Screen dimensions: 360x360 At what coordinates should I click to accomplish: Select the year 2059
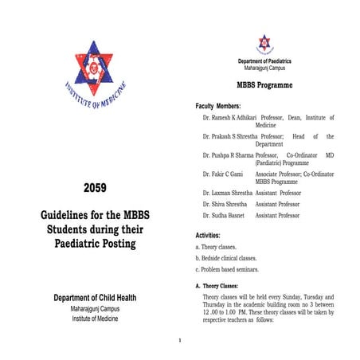pyautogui.click(x=95, y=189)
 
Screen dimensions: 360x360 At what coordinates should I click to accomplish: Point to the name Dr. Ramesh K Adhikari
pyautogui.click(x=229, y=118)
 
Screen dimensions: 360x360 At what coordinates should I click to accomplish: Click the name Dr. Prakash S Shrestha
pyautogui.click(x=229, y=136)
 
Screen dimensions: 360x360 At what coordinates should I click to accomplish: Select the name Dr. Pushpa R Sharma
pyautogui.click(x=228, y=155)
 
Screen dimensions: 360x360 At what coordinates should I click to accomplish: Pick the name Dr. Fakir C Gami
pyautogui.click(x=225, y=174)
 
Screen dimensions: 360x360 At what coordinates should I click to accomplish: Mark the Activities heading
pyautogui.click(x=213, y=235)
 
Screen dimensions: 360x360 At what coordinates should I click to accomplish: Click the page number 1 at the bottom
pyautogui.click(x=181, y=341)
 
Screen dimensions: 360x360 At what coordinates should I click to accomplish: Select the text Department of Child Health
pyautogui.click(x=95, y=298)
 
